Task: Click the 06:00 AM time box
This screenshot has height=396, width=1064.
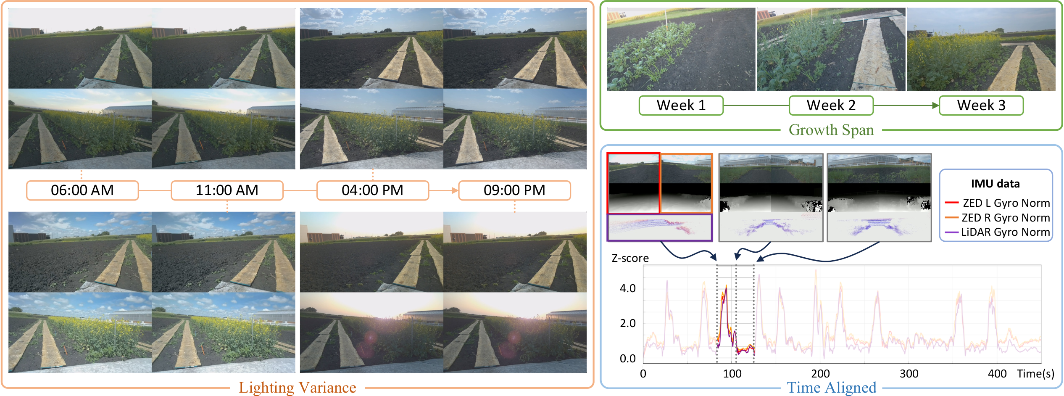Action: pos(82,190)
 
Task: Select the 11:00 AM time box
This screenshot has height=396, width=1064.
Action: pos(227,190)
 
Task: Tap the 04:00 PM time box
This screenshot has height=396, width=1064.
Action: pos(372,190)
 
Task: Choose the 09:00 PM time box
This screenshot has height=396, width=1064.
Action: pos(514,190)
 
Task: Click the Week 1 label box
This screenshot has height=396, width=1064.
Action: pos(681,105)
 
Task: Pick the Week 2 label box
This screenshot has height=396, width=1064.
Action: pos(831,105)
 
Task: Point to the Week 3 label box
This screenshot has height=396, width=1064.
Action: pos(981,105)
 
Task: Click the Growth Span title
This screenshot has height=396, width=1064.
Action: pos(831,130)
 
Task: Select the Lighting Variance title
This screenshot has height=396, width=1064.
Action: pos(298,387)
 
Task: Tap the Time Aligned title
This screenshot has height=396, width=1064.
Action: pos(831,387)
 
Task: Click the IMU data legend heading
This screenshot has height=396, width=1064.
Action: pos(995,184)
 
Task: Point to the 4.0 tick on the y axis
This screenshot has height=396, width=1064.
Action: pos(627,288)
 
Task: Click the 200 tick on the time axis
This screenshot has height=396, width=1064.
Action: pos(820,374)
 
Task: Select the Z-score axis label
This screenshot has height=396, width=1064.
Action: pos(630,258)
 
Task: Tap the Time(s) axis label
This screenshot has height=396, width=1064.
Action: pos(1035,374)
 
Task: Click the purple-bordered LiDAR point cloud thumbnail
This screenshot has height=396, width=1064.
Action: pos(659,227)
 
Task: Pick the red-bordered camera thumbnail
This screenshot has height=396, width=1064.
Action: pos(633,183)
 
